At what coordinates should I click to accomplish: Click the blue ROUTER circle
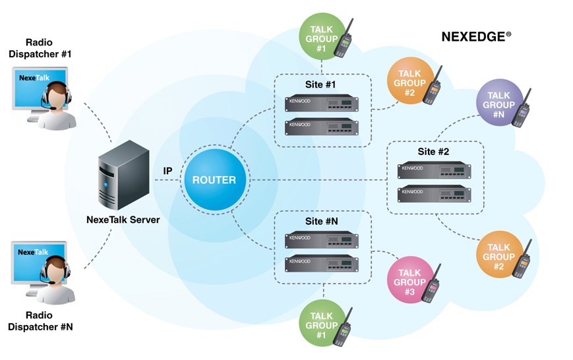coord(209,180)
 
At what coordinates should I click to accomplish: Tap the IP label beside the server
coord(168,171)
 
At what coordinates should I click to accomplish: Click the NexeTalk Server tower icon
coord(120,177)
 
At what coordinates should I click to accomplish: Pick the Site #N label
coord(323,222)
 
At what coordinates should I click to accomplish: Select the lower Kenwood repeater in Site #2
coord(435,193)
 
